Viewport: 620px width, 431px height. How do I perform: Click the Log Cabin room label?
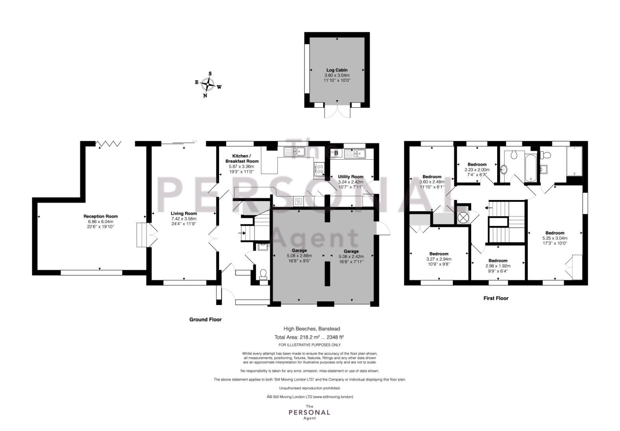337,70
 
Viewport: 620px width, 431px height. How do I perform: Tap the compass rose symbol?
208,85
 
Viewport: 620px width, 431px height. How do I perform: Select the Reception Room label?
101,216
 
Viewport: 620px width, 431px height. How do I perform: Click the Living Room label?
184,214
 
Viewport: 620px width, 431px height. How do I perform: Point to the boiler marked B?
336,153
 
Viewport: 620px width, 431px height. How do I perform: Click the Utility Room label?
350,177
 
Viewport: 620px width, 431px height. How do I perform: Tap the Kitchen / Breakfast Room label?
242,158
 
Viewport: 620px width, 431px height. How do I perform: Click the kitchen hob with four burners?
320,169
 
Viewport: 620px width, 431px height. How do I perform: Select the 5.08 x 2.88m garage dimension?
299,255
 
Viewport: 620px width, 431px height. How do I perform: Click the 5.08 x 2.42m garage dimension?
351,256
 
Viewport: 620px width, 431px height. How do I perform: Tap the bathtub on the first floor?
531,168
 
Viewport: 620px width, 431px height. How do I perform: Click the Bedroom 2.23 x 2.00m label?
477,164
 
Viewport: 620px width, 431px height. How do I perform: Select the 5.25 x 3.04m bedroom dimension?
555,238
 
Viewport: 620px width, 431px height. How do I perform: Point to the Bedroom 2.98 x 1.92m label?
498,261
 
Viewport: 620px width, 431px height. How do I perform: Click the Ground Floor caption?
205,319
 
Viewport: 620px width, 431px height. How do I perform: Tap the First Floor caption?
496,298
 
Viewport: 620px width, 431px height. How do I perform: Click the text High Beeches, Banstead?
312,329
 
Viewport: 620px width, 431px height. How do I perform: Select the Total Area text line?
309,337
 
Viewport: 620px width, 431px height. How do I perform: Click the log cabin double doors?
337,112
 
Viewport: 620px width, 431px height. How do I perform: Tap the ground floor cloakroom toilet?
263,274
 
